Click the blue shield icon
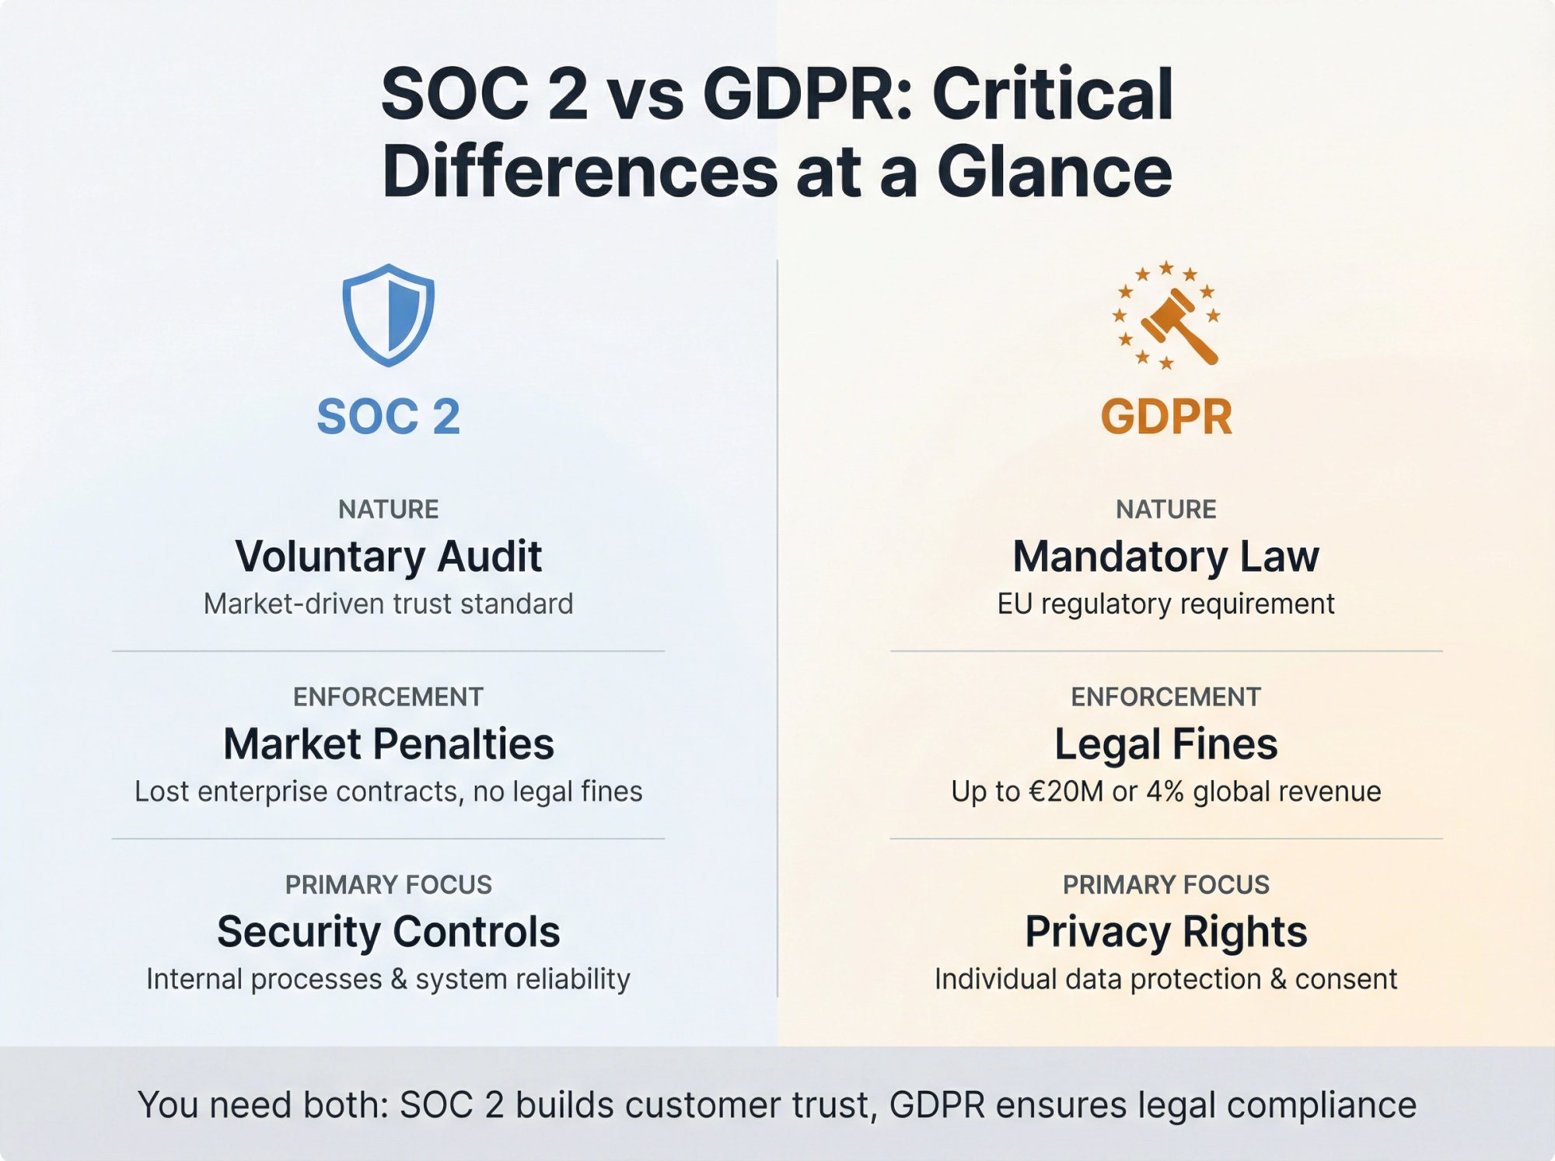pos(388,315)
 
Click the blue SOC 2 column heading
pos(388,417)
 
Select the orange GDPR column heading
pos(1165,417)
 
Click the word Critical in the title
pos(1052,94)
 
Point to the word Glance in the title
pos(1054,171)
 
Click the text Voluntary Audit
pos(388,557)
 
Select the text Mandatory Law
pos(1165,557)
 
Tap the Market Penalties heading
pos(388,744)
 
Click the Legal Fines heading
pos(1165,744)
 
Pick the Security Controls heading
pos(388,932)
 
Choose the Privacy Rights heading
pos(1165,932)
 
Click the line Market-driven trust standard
pos(388,604)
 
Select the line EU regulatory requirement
pos(1165,604)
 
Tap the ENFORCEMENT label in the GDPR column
pos(1165,697)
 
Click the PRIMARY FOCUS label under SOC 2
pos(388,885)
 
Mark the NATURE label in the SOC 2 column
pos(388,509)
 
